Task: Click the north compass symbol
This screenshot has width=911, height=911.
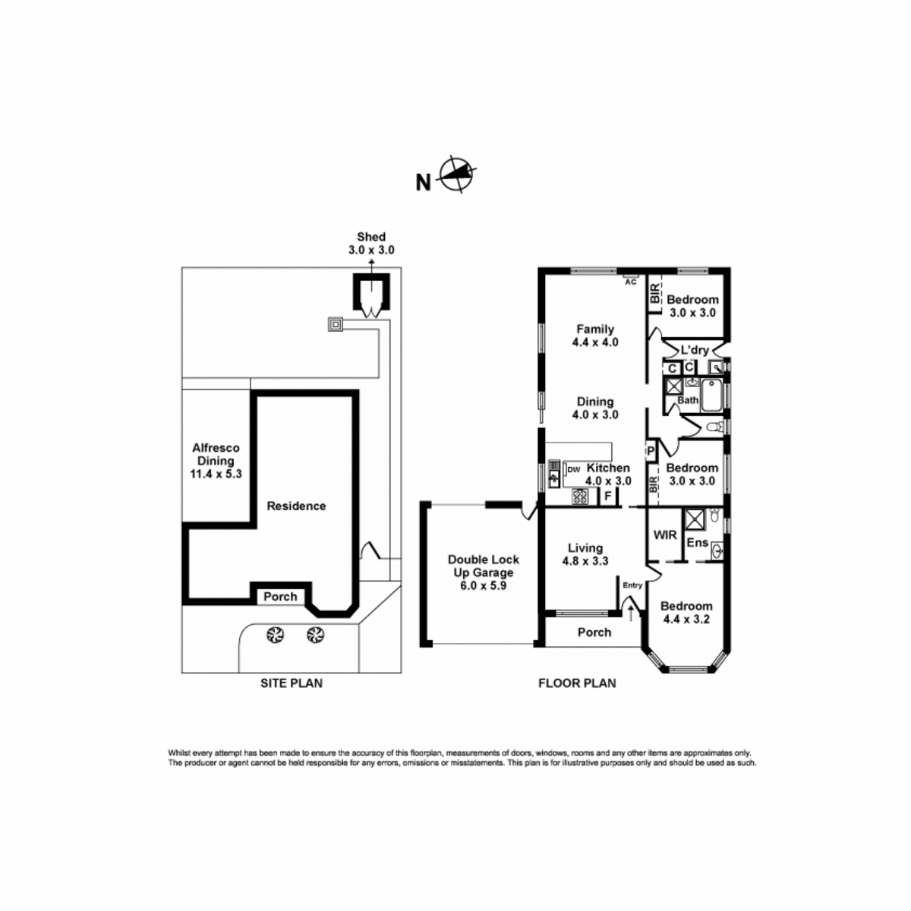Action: [x=456, y=174]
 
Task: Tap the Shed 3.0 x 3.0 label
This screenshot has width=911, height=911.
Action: [x=371, y=243]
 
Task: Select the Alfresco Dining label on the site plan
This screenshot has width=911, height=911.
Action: [x=216, y=461]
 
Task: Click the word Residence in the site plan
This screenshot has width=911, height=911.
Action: [x=296, y=506]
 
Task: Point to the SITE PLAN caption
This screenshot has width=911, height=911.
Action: [x=292, y=682]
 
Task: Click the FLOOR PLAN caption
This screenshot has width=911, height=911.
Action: [x=577, y=682]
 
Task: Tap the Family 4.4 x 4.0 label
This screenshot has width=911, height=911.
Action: [x=595, y=336]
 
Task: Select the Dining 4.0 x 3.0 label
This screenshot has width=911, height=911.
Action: [x=595, y=408]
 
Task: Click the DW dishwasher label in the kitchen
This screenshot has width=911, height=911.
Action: [x=573, y=469]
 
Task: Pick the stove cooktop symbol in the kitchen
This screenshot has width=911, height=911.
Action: [x=579, y=496]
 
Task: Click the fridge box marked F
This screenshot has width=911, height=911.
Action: [x=608, y=496]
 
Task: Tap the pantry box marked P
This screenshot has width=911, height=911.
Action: [x=651, y=451]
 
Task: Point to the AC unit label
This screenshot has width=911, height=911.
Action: [x=631, y=282]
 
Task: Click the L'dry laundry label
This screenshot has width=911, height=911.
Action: [x=695, y=350]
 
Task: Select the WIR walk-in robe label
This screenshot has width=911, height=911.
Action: [x=665, y=534]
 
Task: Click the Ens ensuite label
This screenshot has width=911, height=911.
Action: [x=698, y=543]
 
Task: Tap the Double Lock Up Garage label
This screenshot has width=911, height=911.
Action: [x=483, y=572]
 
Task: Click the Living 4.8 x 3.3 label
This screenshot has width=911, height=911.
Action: [x=585, y=554]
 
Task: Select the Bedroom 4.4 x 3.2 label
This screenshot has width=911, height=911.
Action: [x=686, y=612]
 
